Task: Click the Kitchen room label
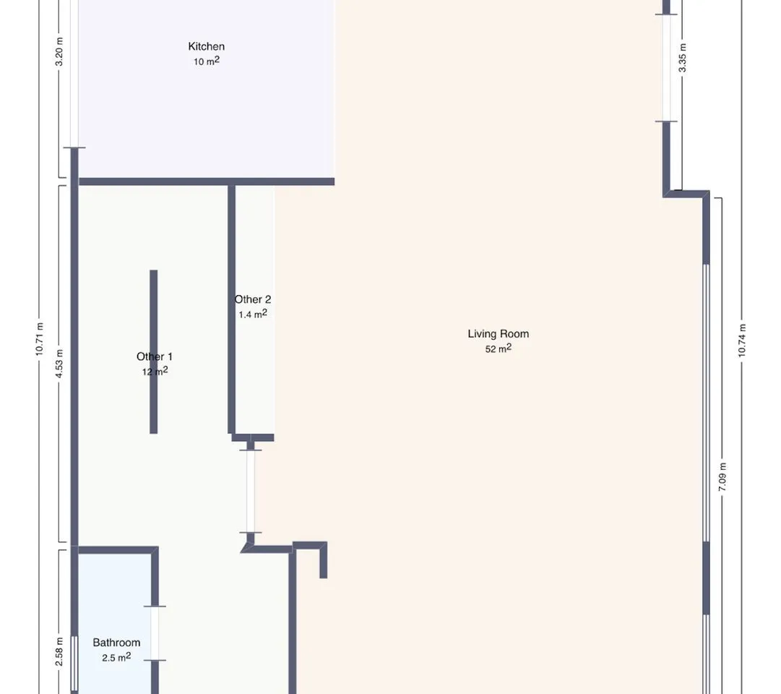point(206,46)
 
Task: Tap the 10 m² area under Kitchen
point(207,61)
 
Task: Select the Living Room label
point(498,333)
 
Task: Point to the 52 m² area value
point(498,348)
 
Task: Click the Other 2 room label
point(253,299)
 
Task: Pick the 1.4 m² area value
point(253,314)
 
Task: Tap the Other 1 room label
point(155,356)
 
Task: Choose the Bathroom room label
point(116,642)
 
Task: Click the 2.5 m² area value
point(116,657)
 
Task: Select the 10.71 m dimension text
point(39,339)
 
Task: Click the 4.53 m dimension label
point(59,364)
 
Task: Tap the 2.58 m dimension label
point(59,651)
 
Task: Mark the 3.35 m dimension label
point(682,58)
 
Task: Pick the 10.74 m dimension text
point(742,340)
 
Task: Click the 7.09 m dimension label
point(722,476)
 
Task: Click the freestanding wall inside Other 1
point(153,351)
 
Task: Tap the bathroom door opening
point(155,633)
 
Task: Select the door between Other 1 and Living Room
point(251,491)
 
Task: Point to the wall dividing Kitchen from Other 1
point(206,181)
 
